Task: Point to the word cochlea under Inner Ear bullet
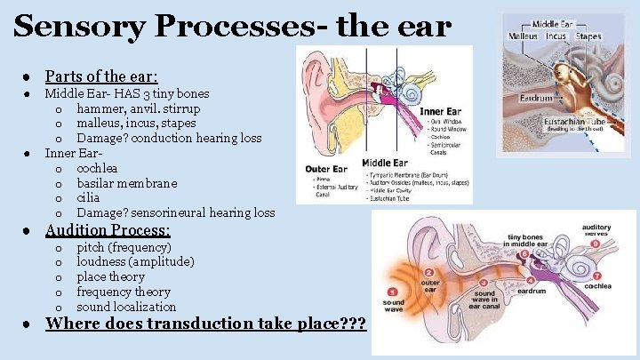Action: (x=97, y=168)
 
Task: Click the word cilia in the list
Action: (x=88, y=198)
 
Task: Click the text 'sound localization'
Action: (x=126, y=307)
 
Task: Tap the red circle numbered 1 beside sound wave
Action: (x=393, y=292)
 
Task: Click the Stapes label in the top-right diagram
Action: (x=588, y=36)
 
